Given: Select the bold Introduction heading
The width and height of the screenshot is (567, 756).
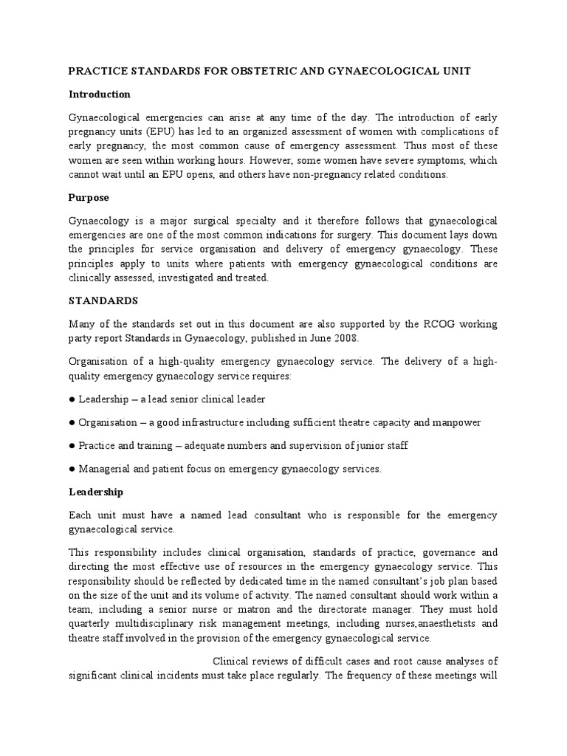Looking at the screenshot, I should tap(100, 94).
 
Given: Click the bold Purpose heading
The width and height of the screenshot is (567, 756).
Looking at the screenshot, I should tap(89, 198).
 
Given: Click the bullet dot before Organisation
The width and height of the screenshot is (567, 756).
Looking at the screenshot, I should tap(72, 423).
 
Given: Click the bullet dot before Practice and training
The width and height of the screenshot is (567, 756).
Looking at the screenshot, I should tap(72, 446).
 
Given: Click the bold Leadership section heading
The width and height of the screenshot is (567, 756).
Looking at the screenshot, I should tap(96, 492).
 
